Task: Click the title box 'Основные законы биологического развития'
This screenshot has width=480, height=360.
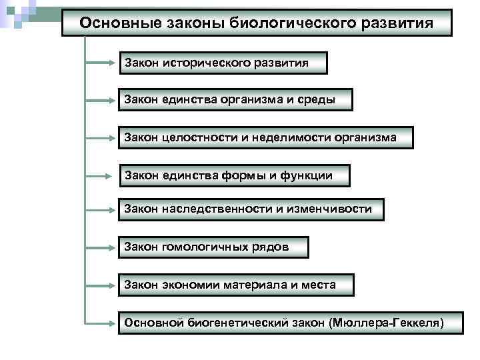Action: coord(257,23)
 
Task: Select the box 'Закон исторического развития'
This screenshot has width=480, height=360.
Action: coord(223,63)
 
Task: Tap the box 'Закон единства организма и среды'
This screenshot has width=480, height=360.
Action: coord(235,100)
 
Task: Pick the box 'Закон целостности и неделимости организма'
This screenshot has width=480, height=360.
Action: coord(265,137)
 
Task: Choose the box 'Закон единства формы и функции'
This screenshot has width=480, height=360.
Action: coord(234,175)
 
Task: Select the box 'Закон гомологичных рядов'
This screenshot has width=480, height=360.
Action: coord(213,247)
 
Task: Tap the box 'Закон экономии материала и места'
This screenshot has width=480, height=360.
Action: coord(236,285)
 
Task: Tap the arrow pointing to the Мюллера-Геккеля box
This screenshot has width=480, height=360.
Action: coord(101,323)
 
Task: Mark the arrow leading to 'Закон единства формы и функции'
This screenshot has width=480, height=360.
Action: coord(101,176)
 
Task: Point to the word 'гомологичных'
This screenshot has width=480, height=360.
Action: coord(197,247)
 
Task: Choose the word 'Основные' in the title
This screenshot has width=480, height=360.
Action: coord(111,23)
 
